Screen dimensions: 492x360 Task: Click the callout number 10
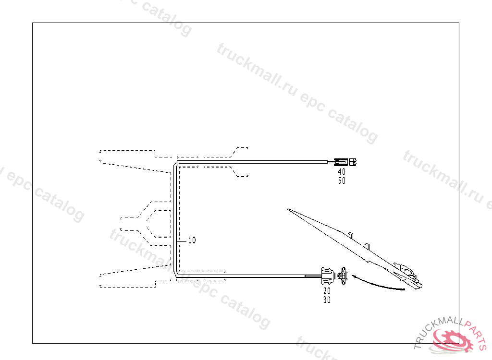(x=192, y=240)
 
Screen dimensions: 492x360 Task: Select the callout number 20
(x=327, y=291)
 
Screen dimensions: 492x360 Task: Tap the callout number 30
(x=327, y=300)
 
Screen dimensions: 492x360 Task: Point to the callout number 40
(x=341, y=171)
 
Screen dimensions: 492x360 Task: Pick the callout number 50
(x=341, y=181)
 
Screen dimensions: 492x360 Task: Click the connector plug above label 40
(x=346, y=162)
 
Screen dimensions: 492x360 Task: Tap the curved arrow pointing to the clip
(x=380, y=284)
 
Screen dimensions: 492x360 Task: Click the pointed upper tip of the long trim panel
(x=289, y=209)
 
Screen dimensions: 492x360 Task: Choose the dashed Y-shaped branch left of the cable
(x=144, y=223)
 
